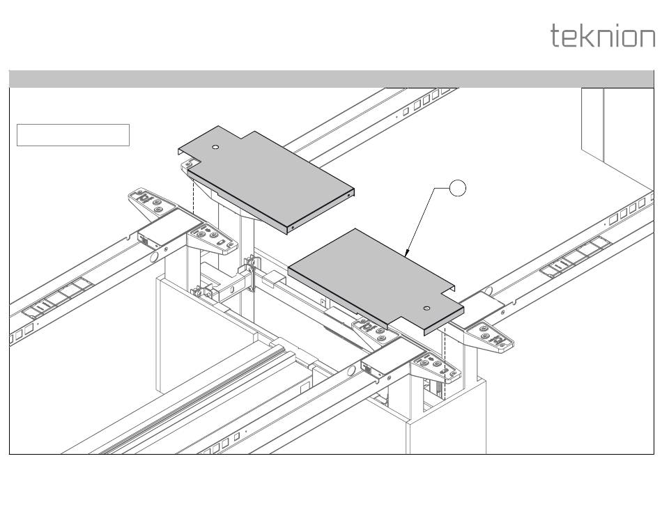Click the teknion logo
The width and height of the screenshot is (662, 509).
pos(603,36)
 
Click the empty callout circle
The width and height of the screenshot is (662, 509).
pos(457,188)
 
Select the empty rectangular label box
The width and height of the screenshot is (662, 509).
pos(73,135)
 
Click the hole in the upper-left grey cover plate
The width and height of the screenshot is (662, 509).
pos(216,148)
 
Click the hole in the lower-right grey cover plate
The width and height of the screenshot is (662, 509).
pos(427,307)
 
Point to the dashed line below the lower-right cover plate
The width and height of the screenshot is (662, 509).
pos(444,362)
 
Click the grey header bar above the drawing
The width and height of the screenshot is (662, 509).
pos(331,79)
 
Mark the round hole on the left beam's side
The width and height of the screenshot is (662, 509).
pos(153,256)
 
